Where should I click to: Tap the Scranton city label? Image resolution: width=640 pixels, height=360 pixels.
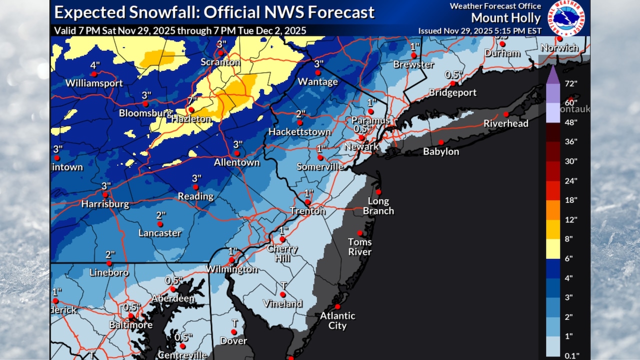(220, 62)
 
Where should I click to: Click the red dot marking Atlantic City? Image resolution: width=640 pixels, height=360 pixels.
(337, 306)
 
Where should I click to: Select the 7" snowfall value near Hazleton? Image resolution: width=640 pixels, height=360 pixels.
(190, 100)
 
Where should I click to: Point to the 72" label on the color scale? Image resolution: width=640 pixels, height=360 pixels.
(570, 83)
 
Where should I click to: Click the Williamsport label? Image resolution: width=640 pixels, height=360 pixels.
(94, 83)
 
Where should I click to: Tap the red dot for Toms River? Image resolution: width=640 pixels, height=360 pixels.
(359, 232)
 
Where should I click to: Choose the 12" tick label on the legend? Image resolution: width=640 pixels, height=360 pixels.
(570, 219)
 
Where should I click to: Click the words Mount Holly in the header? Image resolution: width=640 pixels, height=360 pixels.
(505, 18)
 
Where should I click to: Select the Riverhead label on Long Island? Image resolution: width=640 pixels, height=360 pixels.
(505, 123)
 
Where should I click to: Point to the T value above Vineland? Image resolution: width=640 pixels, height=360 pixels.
(283, 285)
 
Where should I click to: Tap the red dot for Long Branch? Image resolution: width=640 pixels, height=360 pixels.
(378, 191)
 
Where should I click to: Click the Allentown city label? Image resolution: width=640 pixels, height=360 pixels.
(237, 162)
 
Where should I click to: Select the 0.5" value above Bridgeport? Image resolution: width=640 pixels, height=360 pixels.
(452, 75)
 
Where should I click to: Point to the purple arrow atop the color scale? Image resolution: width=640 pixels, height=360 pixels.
(552, 75)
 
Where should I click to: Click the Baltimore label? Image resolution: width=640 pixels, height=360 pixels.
(131, 325)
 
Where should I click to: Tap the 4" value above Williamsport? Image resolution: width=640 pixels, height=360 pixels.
(94, 65)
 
